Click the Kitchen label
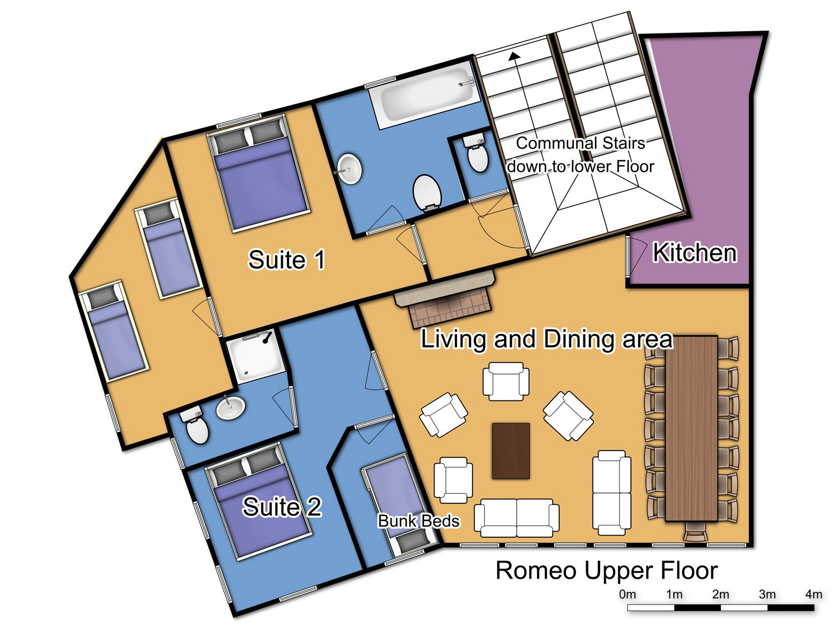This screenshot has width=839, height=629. click(695, 253)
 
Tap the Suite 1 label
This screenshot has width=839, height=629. click(286, 259)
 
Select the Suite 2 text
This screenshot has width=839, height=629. click(282, 507)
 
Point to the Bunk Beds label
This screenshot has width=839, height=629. click(418, 521)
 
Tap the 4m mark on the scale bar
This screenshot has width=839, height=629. click(813, 594)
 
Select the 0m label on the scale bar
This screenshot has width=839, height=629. click(627, 594)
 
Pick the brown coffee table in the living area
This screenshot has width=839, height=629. click(511, 451)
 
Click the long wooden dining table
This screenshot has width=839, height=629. click(691, 428)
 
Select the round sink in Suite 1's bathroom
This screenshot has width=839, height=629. click(350, 169)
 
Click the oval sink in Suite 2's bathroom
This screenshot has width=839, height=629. click(230, 408)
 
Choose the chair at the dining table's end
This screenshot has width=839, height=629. click(695, 532)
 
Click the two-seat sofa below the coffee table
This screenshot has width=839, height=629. click(516, 518)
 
